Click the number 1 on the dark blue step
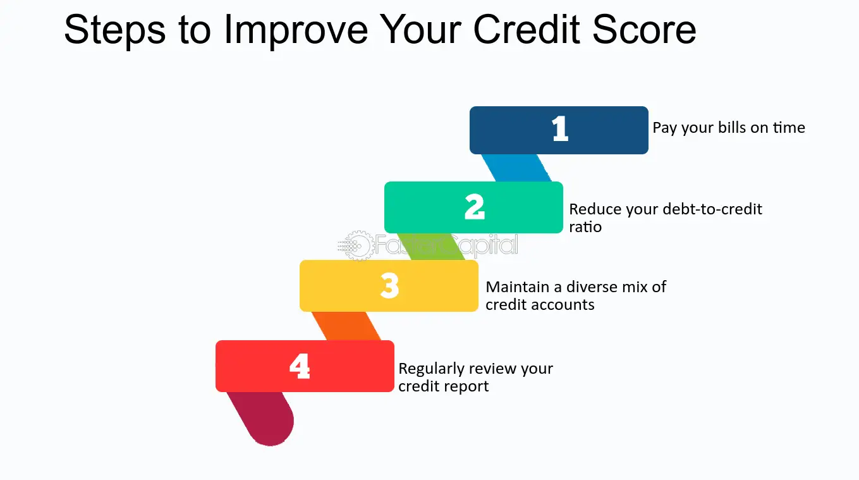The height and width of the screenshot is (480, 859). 560,128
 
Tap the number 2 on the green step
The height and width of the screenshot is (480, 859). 475,206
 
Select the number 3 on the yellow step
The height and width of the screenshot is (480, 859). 389,285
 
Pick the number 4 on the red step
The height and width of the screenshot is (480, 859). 300,366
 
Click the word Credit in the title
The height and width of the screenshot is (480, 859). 527,30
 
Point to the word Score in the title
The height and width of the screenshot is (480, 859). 644,30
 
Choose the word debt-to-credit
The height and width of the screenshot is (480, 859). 712,209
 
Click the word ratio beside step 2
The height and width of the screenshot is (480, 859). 585,227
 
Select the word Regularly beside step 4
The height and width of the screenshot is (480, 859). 432,369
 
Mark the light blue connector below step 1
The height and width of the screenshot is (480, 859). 516,168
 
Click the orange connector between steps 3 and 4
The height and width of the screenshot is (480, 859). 346,326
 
